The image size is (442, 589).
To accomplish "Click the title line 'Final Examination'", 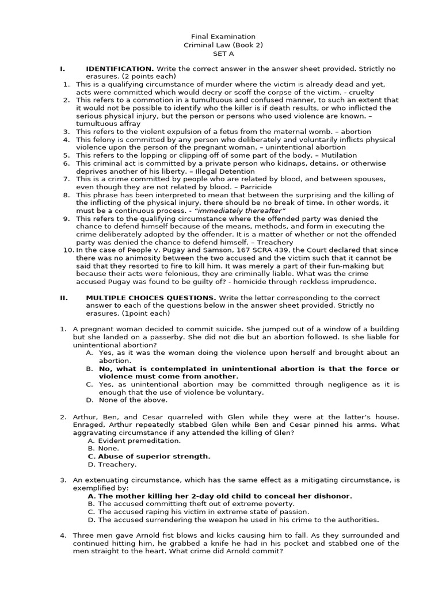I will (220, 36).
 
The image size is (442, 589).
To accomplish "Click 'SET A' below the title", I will (220, 53).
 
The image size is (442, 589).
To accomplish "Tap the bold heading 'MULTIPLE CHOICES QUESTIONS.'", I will (151, 297).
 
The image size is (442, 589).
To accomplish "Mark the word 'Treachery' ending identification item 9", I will (275, 242).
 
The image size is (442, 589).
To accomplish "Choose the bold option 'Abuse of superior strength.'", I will (154, 456).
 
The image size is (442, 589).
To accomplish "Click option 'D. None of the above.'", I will (127, 400).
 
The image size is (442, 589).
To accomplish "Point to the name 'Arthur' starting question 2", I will (84, 416).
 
